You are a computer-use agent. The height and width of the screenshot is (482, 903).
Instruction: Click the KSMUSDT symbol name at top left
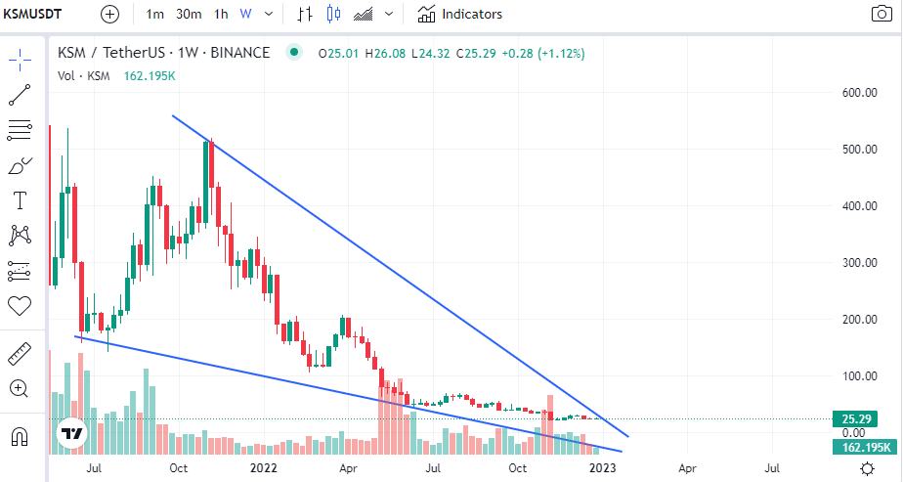pyautogui.click(x=34, y=15)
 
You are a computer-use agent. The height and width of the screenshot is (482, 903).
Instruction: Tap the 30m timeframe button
pyautogui.click(x=189, y=15)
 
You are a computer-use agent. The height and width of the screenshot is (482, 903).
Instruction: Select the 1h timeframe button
pyautogui.click(x=221, y=15)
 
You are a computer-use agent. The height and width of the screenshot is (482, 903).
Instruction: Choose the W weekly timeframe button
pyautogui.click(x=245, y=15)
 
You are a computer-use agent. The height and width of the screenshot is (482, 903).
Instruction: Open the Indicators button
pyautogui.click(x=460, y=15)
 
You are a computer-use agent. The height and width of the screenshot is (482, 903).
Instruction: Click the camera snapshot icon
pyautogui.click(x=881, y=15)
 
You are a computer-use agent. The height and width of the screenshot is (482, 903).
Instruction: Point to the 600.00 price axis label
pyautogui.click(x=860, y=93)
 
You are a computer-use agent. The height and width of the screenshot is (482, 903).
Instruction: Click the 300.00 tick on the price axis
pyautogui.click(x=860, y=263)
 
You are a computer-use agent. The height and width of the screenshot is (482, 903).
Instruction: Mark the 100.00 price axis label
pyautogui.click(x=860, y=376)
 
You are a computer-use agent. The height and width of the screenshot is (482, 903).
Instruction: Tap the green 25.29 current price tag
pyautogui.click(x=849, y=419)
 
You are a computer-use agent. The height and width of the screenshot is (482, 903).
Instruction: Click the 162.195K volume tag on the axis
pyautogui.click(x=861, y=447)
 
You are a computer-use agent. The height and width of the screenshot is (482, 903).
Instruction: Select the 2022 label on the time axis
pyautogui.click(x=265, y=468)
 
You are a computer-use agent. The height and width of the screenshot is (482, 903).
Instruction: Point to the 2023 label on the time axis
pyautogui.click(x=603, y=468)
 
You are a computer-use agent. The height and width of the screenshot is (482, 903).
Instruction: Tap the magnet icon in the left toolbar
pyautogui.click(x=20, y=435)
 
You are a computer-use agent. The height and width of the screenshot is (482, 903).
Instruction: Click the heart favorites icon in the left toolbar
pyautogui.click(x=20, y=306)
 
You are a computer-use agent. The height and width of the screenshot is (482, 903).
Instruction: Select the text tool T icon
pyautogui.click(x=20, y=201)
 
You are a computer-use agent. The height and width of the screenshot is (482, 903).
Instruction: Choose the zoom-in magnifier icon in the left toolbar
pyautogui.click(x=20, y=388)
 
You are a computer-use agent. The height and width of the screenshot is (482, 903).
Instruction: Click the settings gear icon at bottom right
pyautogui.click(x=867, y=468)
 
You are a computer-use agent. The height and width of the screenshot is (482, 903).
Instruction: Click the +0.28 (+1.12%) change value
pyautogui.click(x=543, y=53)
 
